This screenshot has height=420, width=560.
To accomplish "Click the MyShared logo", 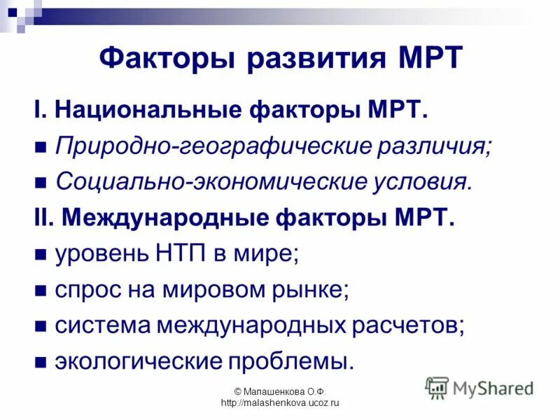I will click(x=480, y=387).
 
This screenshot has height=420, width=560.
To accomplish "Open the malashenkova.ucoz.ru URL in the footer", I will click(x=279, y=403).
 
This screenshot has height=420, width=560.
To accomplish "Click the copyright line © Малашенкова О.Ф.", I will click(x=279, y=392).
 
